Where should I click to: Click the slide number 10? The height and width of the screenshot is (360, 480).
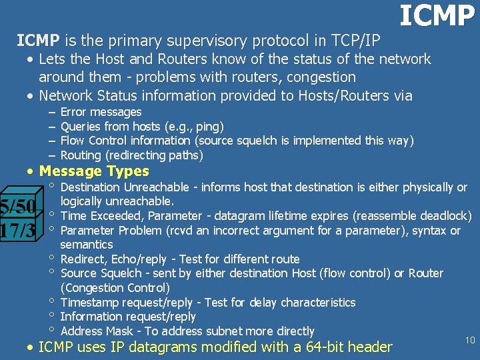point(469,341)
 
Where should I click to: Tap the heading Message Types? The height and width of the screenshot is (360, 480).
point(94,171)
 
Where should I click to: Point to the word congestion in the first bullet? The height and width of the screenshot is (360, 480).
point(323,77)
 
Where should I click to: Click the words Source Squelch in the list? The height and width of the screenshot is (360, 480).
point(98,273)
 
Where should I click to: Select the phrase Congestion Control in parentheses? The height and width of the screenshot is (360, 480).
point(115,288)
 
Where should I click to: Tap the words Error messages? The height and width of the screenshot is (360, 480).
point(101,112)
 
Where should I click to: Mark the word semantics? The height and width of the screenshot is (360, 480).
point(87,245)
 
